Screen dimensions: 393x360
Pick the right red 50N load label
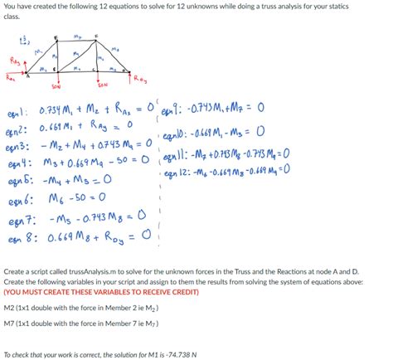[x=102, y=85]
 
